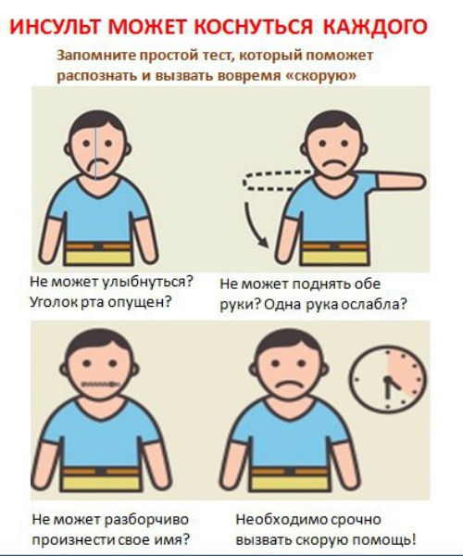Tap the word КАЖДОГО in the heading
coord(375,27)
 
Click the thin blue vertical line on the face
coord(95,153)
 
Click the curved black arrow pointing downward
coord(251,227)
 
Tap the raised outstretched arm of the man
coord(400,181)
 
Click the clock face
coord(388,379)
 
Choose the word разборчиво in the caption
coord(146,520)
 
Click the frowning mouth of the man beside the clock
coord(289,385)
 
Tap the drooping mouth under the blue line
coord(98,165)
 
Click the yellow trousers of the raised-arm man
coord(333,257)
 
